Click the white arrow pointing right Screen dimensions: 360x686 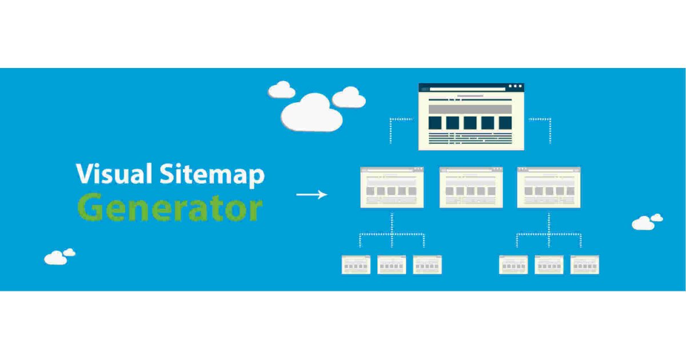click(x=312, y=194)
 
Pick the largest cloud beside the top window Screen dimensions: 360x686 click(x=312, y=113)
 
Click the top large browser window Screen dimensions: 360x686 click(x=471, y=117)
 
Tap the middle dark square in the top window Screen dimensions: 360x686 click(x=470, y=122)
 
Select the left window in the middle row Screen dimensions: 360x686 click(x=392, y=187)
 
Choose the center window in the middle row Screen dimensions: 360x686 click(x=471, y=187)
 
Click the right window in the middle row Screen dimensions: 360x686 click(x=549, y=187)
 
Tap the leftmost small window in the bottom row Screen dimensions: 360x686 click(x=356, y=265)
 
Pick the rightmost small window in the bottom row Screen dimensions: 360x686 click(x=584, y=265)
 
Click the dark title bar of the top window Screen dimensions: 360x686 click(x=471, y=87)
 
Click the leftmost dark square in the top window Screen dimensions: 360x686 click(x=435, y=122)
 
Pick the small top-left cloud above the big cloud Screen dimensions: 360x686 click(x=281, y=90)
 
